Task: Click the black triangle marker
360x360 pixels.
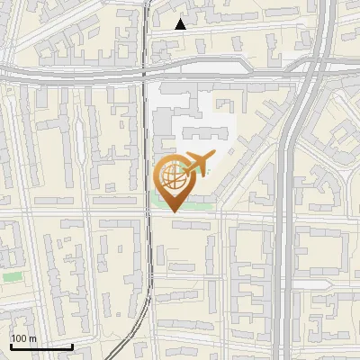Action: [180, 24]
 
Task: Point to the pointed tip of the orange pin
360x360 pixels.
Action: [172, 211]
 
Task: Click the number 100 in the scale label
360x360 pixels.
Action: [18, 338]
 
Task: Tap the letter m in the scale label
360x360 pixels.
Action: [32, 338]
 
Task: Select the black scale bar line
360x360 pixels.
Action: [41, 346]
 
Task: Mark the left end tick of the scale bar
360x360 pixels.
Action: [11, 345]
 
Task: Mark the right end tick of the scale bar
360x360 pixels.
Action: [72, 345]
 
